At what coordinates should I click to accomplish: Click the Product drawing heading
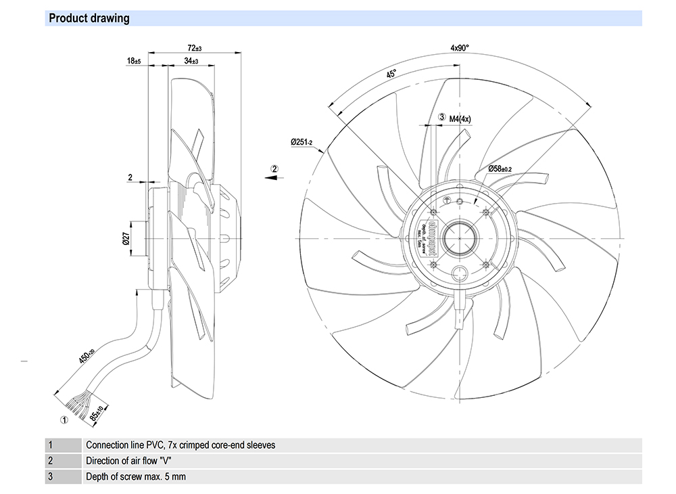[x=89, y=18]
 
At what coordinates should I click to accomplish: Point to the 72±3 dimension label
[x=194, y=48]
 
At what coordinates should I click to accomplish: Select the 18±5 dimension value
[x=133, y=62]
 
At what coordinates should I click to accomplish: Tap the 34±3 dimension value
[x=191, y=62]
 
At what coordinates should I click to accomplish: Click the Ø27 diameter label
[x=126, y=238]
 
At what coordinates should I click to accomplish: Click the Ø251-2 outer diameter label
[x=301, y=142]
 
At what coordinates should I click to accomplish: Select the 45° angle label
[x=391, y=75]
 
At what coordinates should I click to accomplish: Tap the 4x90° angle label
[x=459, y=48]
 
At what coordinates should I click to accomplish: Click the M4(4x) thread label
[x=460, y=118]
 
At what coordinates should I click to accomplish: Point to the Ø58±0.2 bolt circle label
[x=500, y=169]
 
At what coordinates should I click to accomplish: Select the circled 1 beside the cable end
[x=64, y=420]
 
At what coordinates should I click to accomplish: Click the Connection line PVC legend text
[x=180, y=445]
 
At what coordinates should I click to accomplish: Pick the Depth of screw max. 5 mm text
[x=136, y=477]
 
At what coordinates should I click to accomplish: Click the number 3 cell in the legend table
[x=50, y=477]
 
